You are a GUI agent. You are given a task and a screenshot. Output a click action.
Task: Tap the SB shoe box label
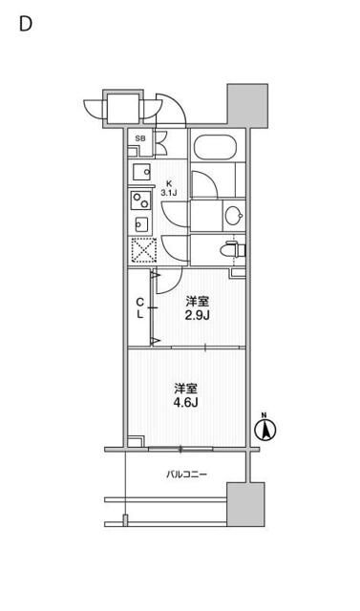(x=140, y=140)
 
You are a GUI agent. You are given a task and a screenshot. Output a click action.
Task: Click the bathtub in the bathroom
(x=215, y=149)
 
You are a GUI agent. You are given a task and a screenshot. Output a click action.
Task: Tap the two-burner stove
(x=140, y=201)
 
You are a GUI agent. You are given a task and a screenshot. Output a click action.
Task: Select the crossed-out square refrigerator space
(x=141, y=251)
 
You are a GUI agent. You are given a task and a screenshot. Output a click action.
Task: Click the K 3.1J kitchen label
(x=170, y=187)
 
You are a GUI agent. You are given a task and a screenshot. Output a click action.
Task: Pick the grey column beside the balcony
(x=244, y=504)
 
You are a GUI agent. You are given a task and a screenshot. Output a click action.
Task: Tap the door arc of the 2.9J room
(x=165, y=278)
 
